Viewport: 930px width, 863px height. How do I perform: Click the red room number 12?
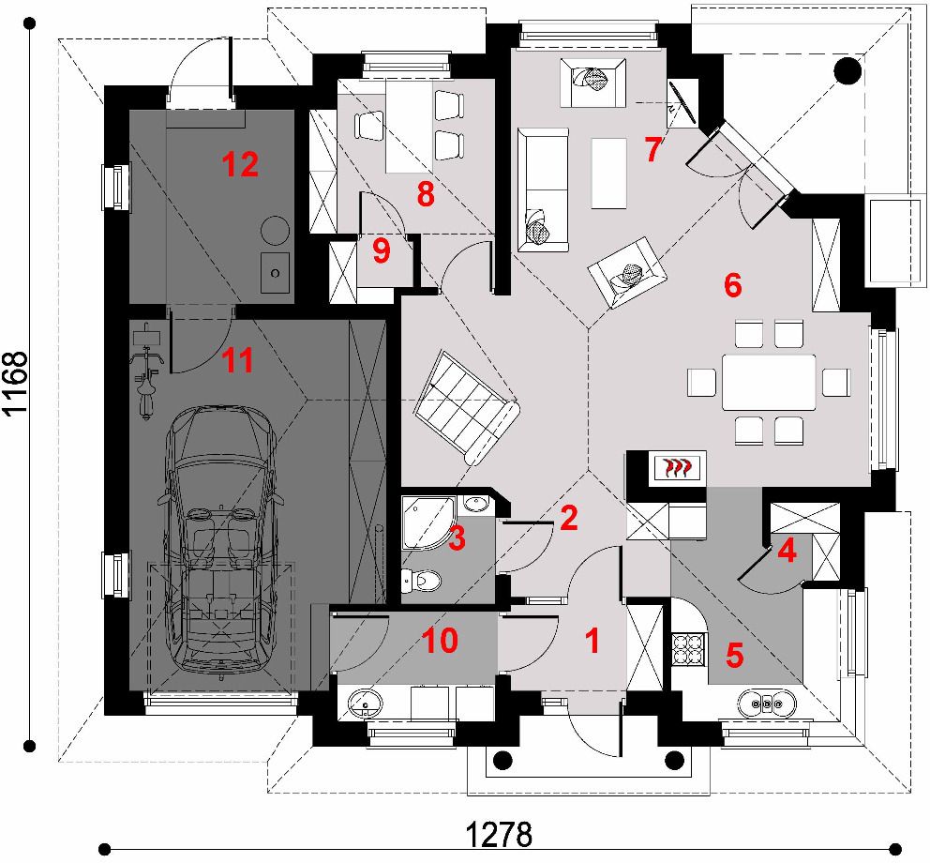point(240,164)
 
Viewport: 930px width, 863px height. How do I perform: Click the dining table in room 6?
point(769,382)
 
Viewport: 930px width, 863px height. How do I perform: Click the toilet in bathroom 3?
point(422,580)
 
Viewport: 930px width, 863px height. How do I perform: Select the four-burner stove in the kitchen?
point(689,647)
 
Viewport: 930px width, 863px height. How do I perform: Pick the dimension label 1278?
point(499,835)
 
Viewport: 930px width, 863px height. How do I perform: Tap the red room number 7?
point(652,149)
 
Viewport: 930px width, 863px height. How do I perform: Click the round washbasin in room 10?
point(364,704)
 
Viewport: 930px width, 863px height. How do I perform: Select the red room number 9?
point(382,251)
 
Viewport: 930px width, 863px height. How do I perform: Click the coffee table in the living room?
point(609,174)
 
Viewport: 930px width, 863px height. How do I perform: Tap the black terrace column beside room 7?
point(847,70)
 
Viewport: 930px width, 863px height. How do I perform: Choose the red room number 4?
point(787,552)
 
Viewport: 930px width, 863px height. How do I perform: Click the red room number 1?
point(592,641)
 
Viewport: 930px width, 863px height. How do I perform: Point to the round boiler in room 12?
point(276,229)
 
